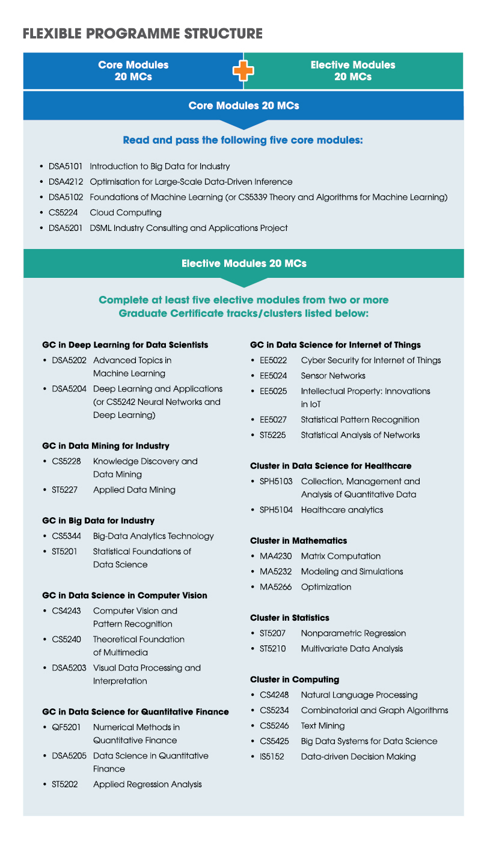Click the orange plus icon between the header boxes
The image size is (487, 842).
pyautogui.click(x=243, y=71)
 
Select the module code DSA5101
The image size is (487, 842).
pyautogui.click(x=69, y=166)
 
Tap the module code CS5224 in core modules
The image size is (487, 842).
pyautogui.click(x=63, y=212)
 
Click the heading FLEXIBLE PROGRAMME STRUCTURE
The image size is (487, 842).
pyautogui.click(x=142, y=33)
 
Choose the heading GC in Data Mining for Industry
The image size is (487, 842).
pyautogui.click(x=106, y=446)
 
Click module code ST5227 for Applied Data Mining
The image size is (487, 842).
pyautogui.click(x=65, y=490)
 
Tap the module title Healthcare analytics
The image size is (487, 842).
pyautogui.click(x=342, y=510)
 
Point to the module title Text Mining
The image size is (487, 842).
pyautogui.click(x=323, y=726)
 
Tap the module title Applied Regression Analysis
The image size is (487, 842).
pyautogui.click(x=147, y=784)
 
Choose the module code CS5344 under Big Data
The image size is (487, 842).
pyautogui.click(x=66, y=536)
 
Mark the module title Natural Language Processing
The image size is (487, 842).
pyautogui.click(x=359, y=695)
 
